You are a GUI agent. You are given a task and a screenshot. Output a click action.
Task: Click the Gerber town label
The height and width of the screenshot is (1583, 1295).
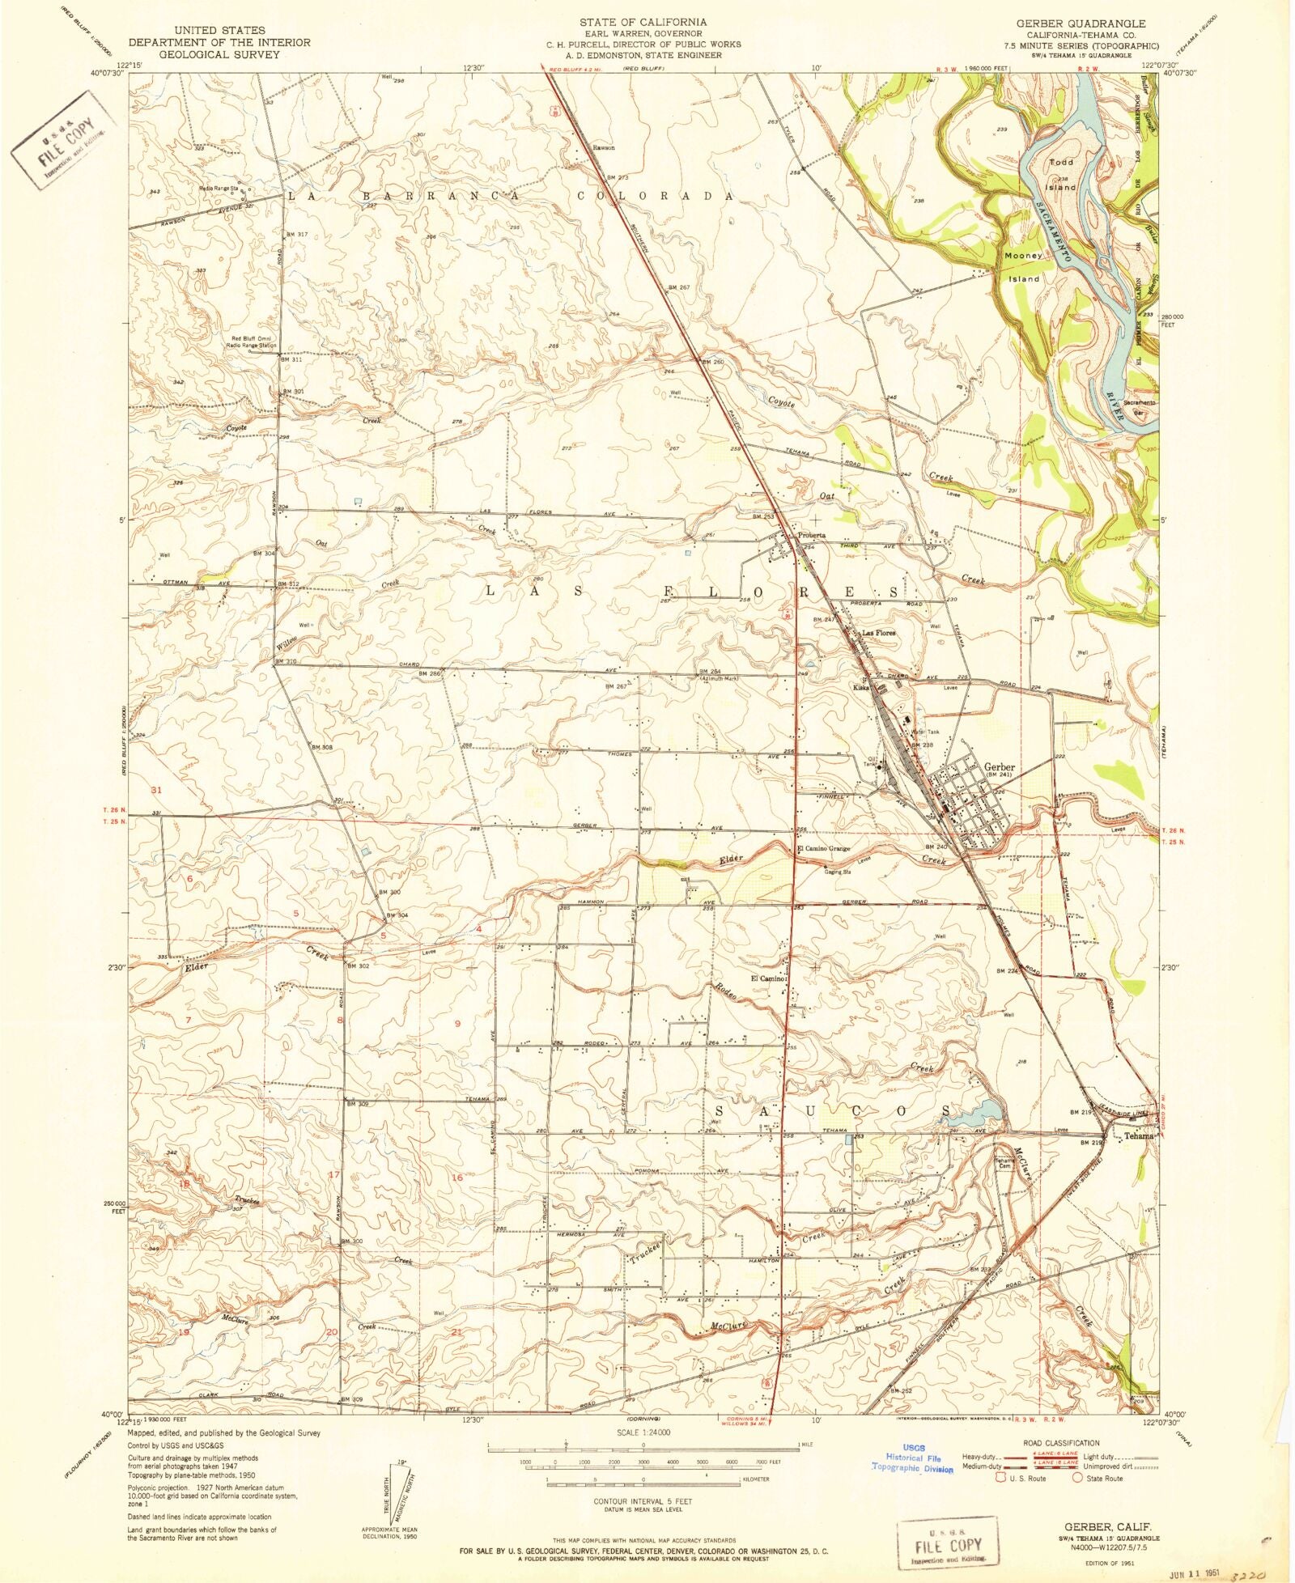(999, 766)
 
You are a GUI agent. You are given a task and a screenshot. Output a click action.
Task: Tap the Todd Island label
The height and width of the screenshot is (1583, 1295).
(1061, 174)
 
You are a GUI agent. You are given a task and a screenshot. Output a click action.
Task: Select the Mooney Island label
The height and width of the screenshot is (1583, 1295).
(1023, 266)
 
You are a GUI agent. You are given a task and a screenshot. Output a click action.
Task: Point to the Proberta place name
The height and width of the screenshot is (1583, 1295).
(812, 535)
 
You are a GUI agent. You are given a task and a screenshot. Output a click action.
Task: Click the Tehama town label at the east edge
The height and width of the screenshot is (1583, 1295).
(1138, 1135)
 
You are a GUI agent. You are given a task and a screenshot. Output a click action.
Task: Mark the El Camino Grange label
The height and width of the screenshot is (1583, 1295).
(823, 849)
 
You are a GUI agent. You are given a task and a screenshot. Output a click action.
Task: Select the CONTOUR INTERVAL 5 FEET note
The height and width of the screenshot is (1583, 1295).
(643, 1499)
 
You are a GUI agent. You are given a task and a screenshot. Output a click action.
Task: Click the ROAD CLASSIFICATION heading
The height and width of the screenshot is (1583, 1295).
(1061, 1442)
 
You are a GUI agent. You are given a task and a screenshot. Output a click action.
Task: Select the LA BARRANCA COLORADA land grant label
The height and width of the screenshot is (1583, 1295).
(508, 196)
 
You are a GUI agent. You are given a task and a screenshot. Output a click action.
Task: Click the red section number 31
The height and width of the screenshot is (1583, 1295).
(156, 789)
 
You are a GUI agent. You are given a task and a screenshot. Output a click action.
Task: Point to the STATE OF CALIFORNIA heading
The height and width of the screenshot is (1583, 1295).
(643, 22)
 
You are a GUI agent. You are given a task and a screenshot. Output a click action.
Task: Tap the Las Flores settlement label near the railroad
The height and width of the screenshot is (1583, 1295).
(879, 633)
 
